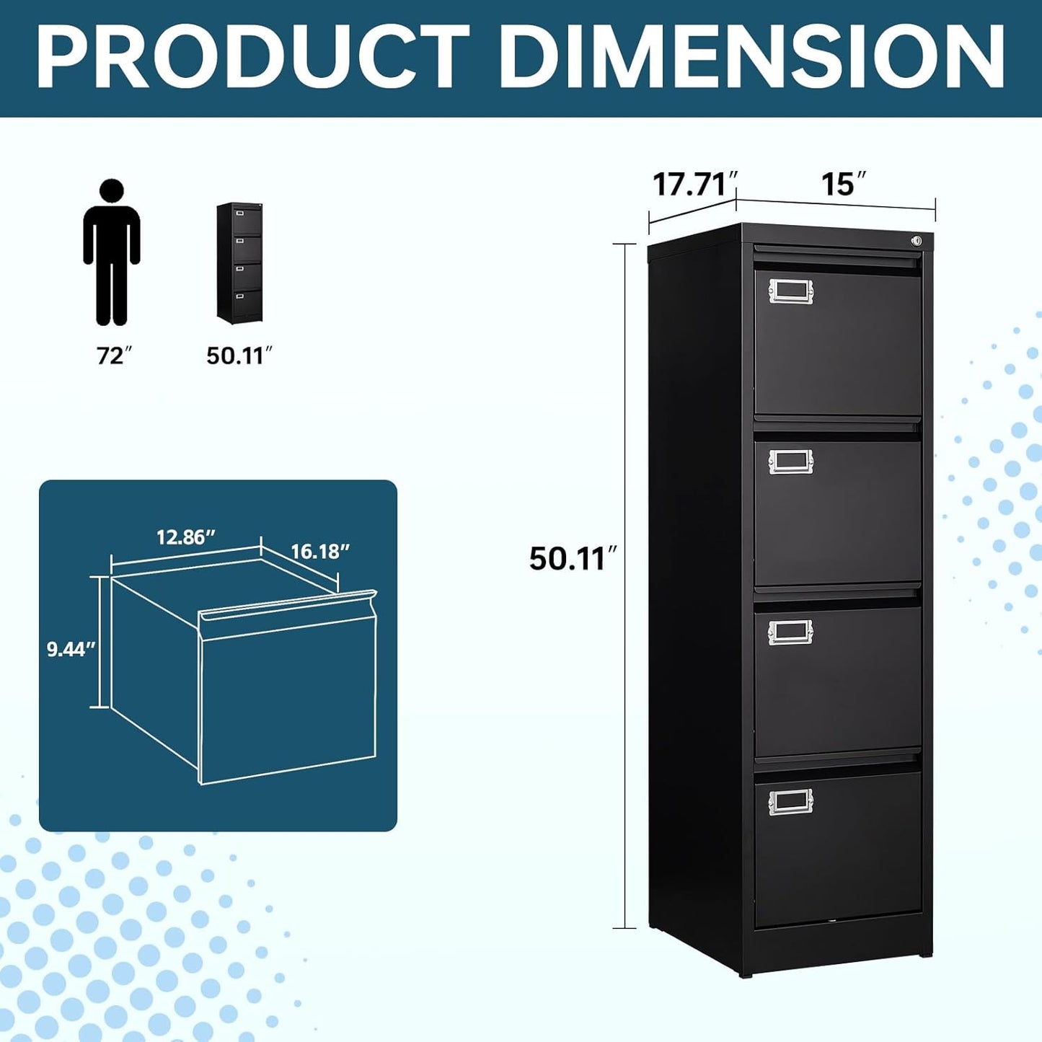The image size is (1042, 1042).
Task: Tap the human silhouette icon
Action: (112, 252)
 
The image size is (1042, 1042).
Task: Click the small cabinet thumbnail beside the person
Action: (239, 262)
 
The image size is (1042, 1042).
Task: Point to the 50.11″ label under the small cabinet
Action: (239, 355)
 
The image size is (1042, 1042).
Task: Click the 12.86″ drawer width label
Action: (186, 537)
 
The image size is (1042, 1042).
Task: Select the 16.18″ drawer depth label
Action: (320, 552)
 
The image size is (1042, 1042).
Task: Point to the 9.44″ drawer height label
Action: (71, 649)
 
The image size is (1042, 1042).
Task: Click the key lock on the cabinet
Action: (917, 241)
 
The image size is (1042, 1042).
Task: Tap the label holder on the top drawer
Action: (790, 291)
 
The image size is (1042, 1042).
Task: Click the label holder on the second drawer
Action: (790, 462)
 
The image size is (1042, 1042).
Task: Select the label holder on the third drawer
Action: (790, 632)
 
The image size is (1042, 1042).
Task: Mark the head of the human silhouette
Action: (112, 192)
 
